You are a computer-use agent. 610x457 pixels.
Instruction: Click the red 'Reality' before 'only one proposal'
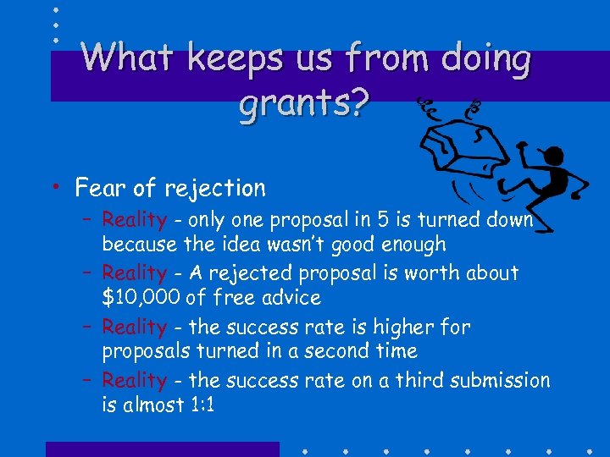(x=134, y=220)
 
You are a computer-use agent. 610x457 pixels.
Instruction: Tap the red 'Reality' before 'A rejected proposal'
(x=134, y=273)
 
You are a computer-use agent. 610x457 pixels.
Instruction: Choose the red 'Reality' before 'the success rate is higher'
(x=134, y=327)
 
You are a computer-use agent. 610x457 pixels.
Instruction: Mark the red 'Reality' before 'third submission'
(x=134, y=381)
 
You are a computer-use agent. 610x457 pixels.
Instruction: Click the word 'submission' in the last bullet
(x=504, y=381)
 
